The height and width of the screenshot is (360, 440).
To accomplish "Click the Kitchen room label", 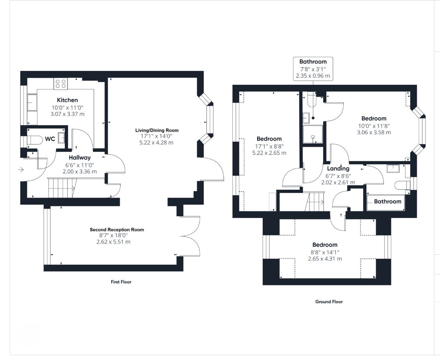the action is [x=67, y=100].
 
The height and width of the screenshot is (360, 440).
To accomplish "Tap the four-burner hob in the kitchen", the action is [x=61, y=83].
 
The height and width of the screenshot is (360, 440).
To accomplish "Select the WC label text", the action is [x=50, y=139].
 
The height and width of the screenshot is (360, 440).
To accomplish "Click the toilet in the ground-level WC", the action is [x=32, y=140].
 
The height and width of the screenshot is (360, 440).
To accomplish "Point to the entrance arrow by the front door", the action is [x=21, y=170].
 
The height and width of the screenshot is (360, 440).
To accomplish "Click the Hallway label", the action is [x=80, y=158].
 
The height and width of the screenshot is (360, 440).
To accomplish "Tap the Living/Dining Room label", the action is [x=157, y=130].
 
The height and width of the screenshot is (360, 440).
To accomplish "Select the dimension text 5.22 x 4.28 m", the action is [x=156, y=143].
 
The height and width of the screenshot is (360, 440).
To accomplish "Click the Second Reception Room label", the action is [x=117, y=230].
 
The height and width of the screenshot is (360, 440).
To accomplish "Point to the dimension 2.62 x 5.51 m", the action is [x=113, y=242].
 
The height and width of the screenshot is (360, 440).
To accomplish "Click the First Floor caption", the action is [x=121, y=282].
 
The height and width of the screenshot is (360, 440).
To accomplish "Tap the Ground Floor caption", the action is [x=329, y=302].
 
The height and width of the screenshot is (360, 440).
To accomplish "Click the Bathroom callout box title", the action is [x=313, y=62].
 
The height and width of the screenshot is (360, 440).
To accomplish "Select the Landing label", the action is [x=338, y=168].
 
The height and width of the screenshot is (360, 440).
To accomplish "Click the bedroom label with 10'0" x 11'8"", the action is [x=374, y=118].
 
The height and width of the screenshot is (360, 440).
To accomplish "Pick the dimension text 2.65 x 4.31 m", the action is [x=325, y=259].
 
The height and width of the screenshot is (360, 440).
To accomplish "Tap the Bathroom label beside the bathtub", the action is [x=387, y=201].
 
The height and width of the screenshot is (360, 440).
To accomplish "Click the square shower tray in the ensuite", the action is [x=313, y=134].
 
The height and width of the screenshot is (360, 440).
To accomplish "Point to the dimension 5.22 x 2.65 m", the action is [x=269, y=153].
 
